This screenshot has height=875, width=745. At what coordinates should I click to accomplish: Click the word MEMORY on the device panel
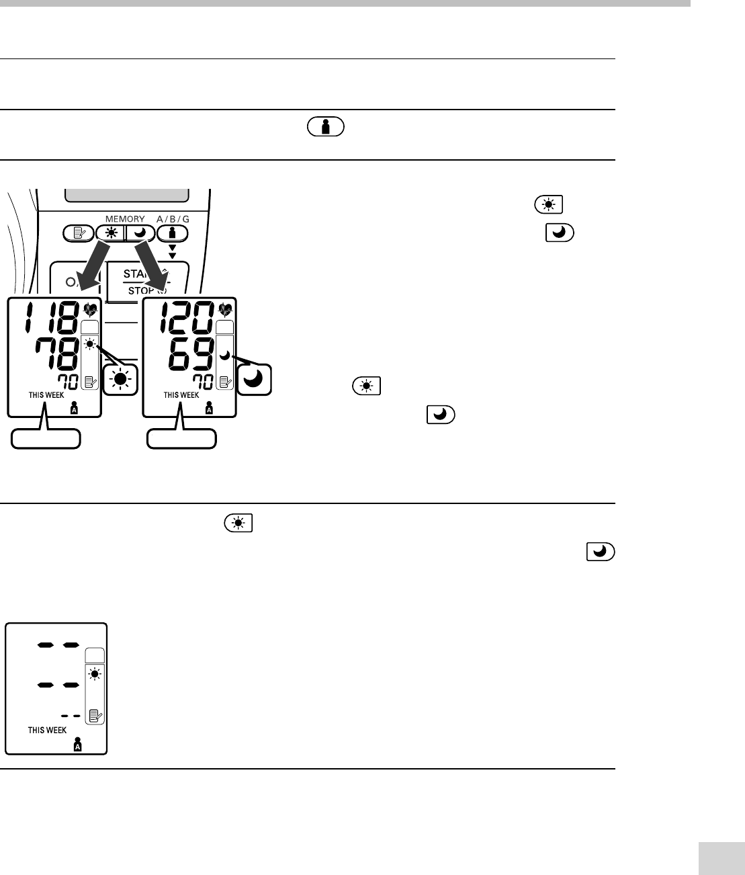125,219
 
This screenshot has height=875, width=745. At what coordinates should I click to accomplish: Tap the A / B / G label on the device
173,219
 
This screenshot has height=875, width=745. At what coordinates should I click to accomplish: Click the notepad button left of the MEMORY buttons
78,234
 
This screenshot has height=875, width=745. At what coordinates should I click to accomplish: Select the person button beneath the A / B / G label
173,234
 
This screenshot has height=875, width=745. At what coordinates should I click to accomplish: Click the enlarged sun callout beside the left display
120,380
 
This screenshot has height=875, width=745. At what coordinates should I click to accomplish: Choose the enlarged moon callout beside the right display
256,380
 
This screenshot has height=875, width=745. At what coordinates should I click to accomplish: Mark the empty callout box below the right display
183,439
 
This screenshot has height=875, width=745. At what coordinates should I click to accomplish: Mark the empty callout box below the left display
46,439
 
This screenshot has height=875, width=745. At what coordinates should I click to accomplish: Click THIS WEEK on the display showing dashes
47,730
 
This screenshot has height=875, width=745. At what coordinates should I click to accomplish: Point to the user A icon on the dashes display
78,745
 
